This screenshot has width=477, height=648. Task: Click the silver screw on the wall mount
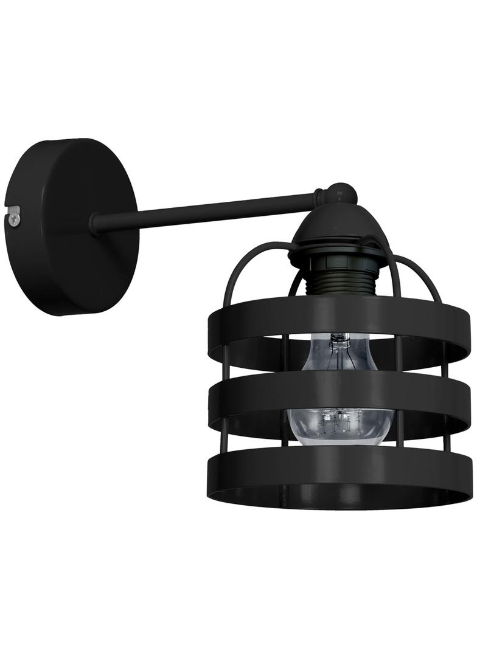point(15,215)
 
